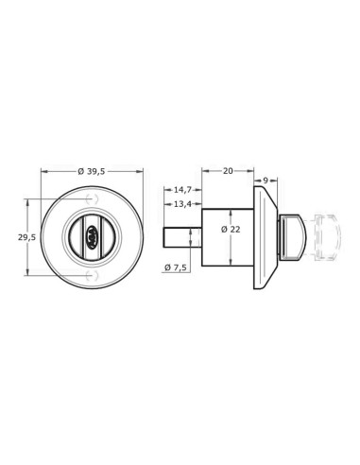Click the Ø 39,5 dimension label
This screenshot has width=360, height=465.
pos(93,171)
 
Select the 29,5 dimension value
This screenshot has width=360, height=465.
pos(26,237)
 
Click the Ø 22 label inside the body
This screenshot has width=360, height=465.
pos(231,230)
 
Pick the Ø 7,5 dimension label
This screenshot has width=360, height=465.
pos(176,267)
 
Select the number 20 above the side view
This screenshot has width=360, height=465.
pos(229,171)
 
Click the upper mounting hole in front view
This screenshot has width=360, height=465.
pos(92,199)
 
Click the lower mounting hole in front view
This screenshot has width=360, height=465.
pos(92,275)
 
